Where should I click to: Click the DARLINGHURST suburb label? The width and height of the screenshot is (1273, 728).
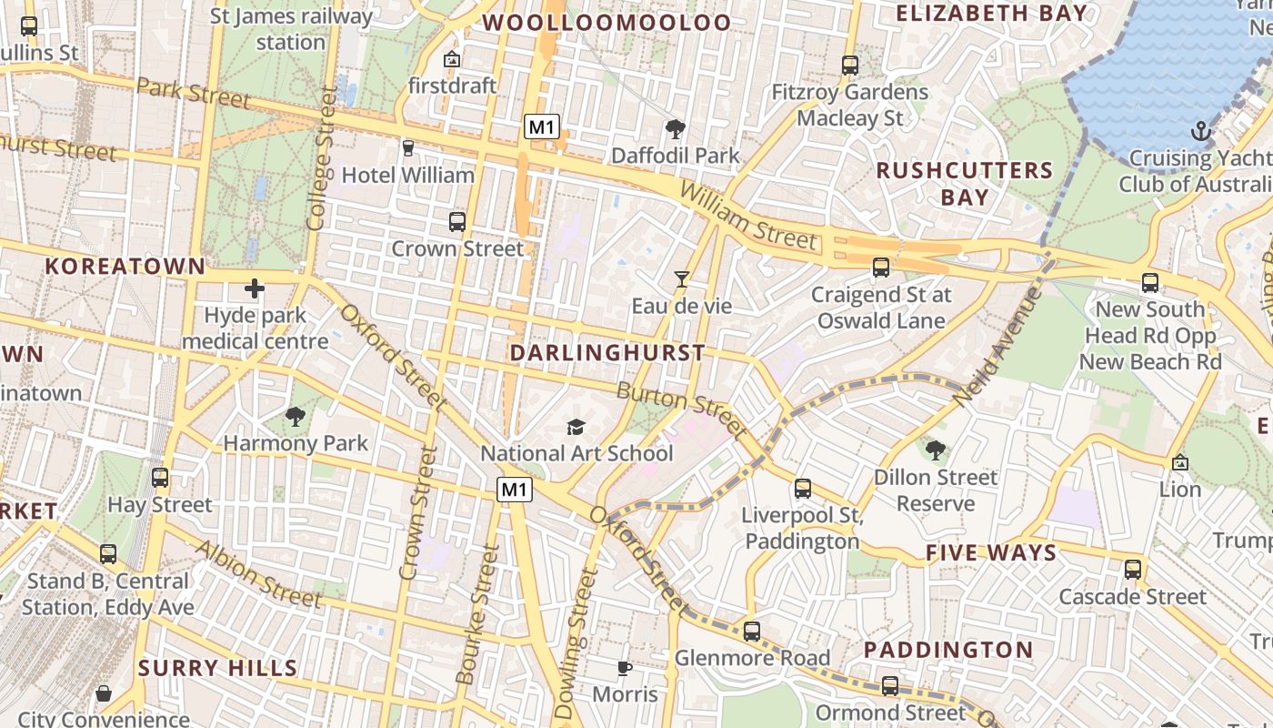(x=607, y=352)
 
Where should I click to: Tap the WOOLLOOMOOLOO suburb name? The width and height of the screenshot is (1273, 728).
(x=606, y=22)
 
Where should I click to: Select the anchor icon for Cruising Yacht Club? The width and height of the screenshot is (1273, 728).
(x=1202, y=131)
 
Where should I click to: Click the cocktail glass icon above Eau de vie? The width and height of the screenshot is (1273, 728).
(x=681, y=278)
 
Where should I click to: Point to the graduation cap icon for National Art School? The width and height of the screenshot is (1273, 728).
(x=576, y=427)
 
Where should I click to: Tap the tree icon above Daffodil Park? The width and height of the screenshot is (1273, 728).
(x=675, y=129)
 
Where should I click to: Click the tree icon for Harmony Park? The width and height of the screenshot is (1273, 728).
(x=295, y=417)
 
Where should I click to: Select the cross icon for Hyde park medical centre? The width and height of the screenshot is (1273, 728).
(x=255, y=289)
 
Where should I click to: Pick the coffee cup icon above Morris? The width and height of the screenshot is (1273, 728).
(x=624, y=668)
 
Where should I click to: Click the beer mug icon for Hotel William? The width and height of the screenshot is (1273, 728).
(x=407, y=147)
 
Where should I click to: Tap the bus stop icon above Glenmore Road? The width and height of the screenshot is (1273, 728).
(x=751, y=631)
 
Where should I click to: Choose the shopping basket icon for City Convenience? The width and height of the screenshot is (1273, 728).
(x=104, y=693)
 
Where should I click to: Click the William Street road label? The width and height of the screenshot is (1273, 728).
(x=747, y=215)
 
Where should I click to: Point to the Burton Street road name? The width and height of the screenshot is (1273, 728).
(x=681, y=409)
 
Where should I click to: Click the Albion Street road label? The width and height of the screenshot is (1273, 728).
(x=257, y=573)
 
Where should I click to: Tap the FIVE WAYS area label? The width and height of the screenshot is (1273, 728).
(x=991, y=553)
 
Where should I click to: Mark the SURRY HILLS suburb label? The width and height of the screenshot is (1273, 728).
(x=218, y=668)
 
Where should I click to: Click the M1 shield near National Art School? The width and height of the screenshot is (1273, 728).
(x=514, y=490)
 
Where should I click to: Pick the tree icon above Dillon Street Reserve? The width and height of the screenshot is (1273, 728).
(x=935, y=450)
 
